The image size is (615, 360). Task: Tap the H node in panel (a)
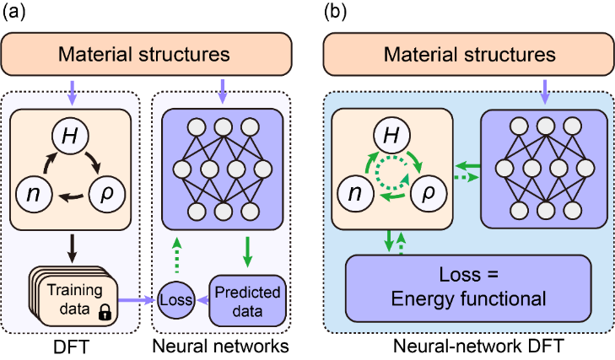point(72,135)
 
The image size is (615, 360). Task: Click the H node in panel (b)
point(391,135)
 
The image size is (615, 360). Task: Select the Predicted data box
point(246,299)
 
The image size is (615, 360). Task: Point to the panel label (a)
point(14,13)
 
